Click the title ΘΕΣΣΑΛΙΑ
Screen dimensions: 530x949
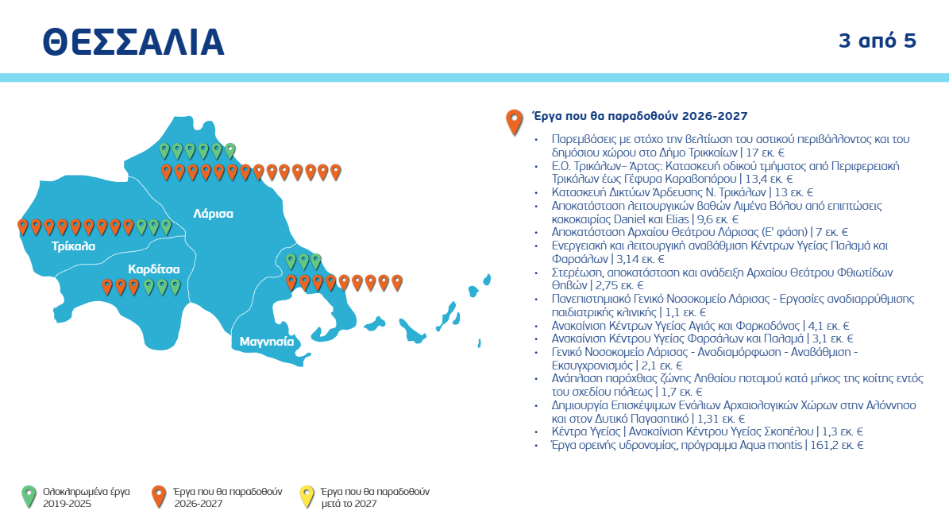(133, 42)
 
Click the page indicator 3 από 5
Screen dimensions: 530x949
(878, 41)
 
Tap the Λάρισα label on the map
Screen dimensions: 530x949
(213, 214)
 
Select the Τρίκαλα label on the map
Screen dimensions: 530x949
(74, 246)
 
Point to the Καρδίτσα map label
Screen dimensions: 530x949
(154, 269)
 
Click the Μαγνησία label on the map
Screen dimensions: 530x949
(267, 342)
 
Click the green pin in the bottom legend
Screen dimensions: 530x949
(29, 496)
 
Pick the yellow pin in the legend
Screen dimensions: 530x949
(305, 496)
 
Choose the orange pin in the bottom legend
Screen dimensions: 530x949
(159, 496)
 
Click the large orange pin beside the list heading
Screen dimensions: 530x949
(515, 121)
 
